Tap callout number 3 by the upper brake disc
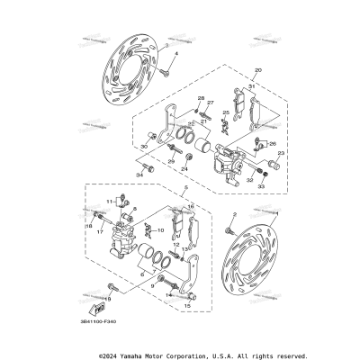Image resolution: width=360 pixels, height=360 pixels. click(x=166, y=46)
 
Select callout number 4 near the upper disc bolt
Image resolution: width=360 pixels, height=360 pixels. click(x=176, y=56)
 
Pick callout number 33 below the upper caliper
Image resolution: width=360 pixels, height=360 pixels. click(x=264, y=186)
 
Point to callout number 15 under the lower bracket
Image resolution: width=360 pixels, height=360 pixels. click(x=186, y=306)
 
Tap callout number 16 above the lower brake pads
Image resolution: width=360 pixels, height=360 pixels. click(x=192, y=206)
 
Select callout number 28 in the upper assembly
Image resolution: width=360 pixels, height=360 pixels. click(x=201, y=97)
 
